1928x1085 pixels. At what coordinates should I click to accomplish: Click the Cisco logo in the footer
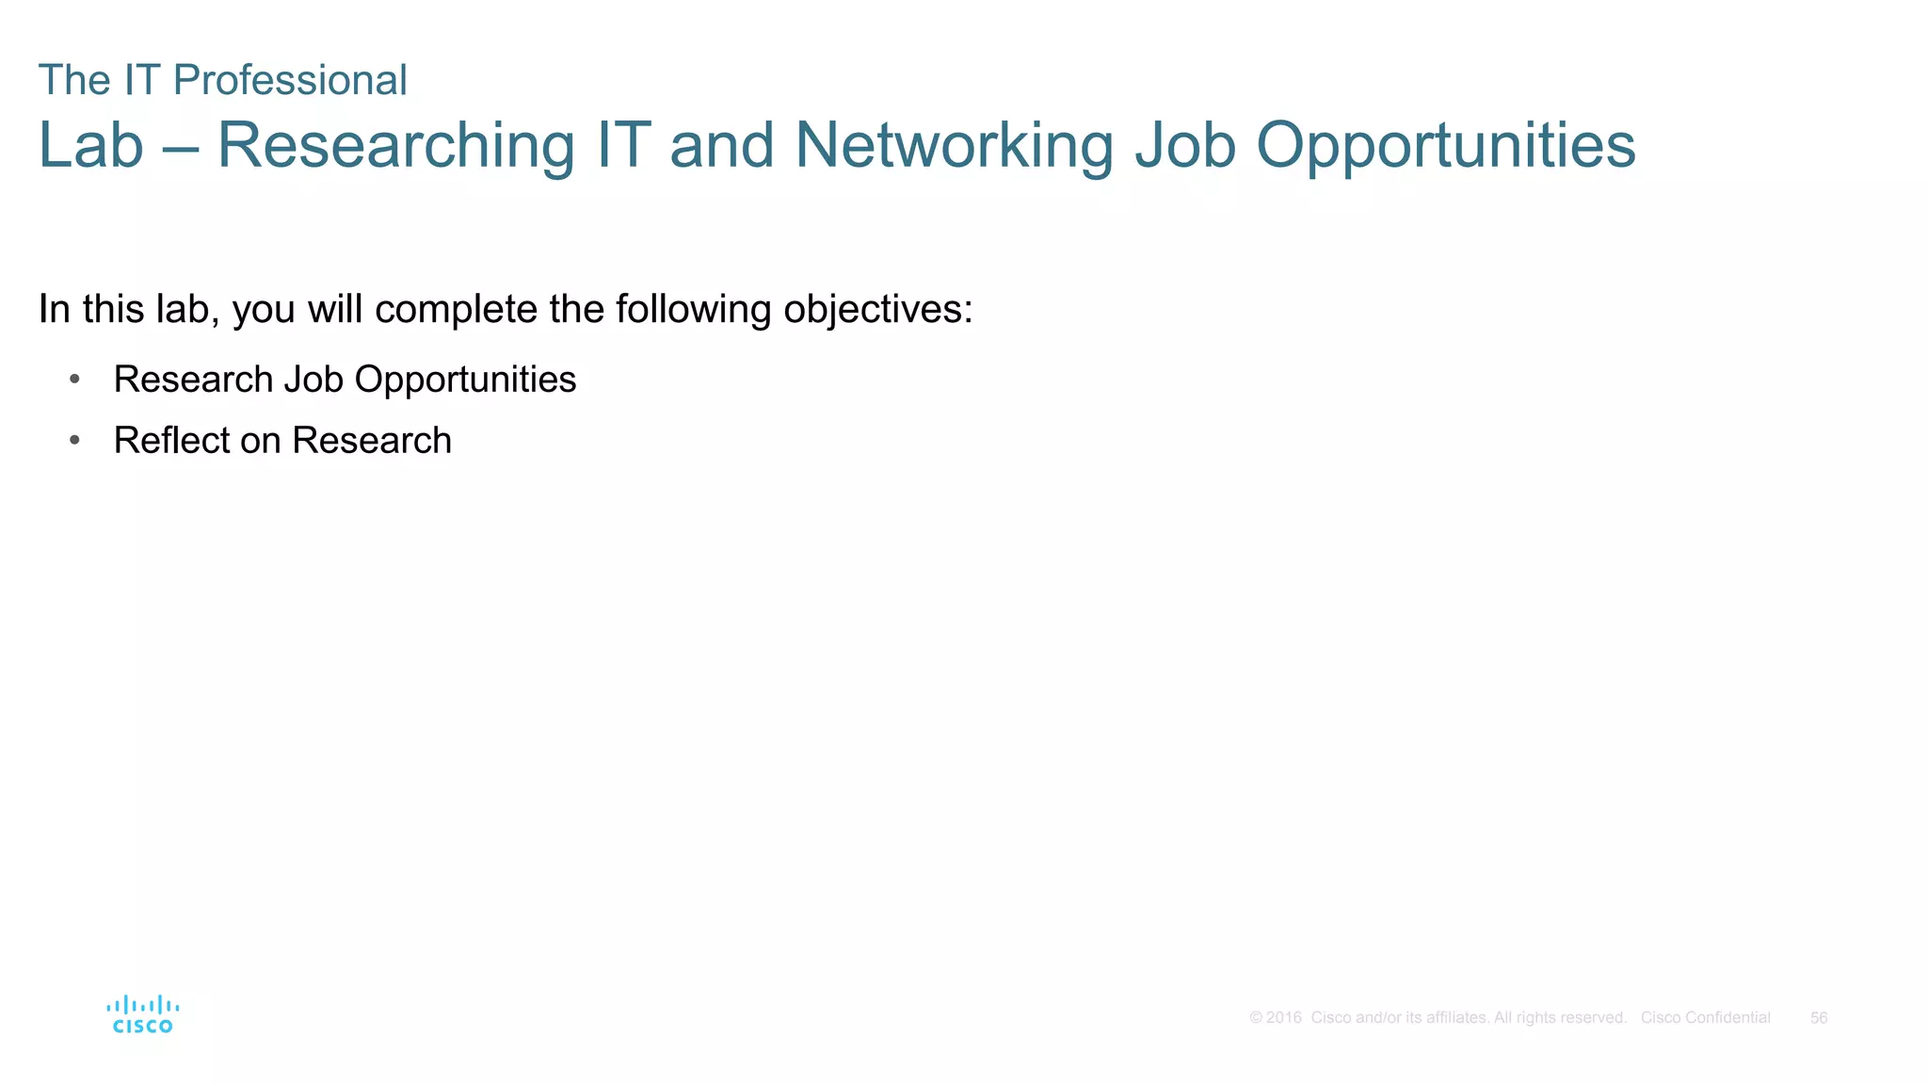(x=142, y=1014)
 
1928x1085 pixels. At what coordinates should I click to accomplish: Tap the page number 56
(x=1819, y=1018)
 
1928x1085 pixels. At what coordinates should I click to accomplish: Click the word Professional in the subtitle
(x=290, y=80)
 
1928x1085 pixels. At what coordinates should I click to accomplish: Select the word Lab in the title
(x=90, y=146)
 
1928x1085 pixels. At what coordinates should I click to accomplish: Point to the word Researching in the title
(x=395, y=146)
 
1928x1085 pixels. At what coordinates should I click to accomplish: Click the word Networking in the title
(x=954, y=146)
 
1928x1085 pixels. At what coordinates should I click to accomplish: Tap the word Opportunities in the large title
(x=1446, y=146)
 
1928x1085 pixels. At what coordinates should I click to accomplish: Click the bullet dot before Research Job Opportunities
(x=74, y=380)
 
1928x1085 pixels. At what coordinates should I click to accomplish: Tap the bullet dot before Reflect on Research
(x=74, y=440)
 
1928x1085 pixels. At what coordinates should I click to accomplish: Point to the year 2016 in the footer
(x=1283, y=1018)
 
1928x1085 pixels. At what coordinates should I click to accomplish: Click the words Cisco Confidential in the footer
(x=1705, y=1018)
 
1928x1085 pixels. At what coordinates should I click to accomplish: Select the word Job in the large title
(x=1185, y=146)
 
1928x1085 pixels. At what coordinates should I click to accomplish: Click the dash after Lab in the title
(x=180, y=148)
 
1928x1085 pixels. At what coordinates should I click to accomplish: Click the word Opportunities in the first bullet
(x=465, y=380)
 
